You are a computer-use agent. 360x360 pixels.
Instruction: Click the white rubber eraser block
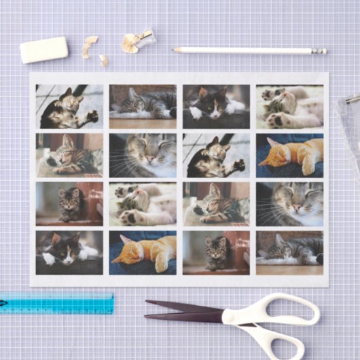[x=44, y=50]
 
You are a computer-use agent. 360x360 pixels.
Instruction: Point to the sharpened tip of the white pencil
[x=175, y=50]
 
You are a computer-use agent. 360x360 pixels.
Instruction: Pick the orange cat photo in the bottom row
[x=143, y=252]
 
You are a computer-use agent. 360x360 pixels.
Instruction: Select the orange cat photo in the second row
[x=289, y=155]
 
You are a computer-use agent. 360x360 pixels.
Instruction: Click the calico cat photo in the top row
[x=216, y=106]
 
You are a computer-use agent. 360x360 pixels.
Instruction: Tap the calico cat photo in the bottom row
[x=69, y=252]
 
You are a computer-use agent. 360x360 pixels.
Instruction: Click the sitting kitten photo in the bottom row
[x=216, y=252]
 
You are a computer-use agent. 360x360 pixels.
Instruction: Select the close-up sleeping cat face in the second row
[x=143, y=155]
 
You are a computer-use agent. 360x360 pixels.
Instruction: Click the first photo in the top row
[x=69, y=106]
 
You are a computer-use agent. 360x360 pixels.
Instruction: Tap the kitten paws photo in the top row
[x=289, y=106]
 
